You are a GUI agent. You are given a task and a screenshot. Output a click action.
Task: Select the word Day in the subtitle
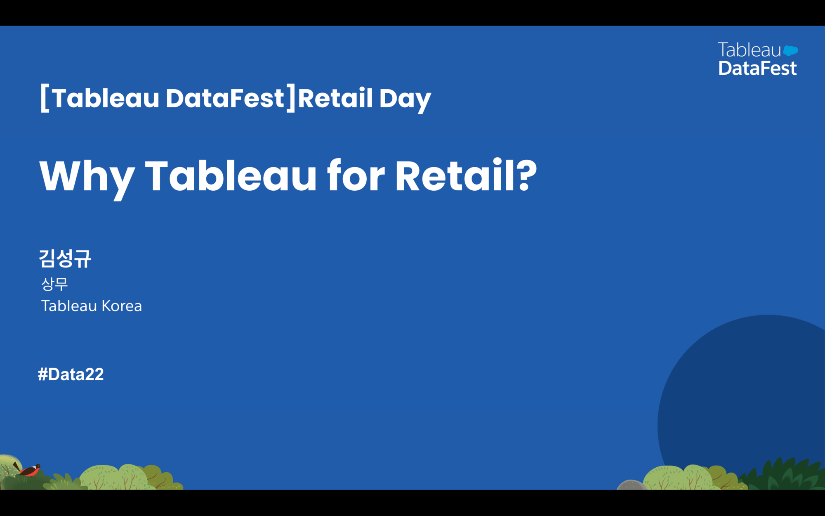point(405,99)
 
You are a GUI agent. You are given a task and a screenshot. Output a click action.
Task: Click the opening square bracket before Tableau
point(45,98)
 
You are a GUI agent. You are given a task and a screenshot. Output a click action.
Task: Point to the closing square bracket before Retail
point(291,98)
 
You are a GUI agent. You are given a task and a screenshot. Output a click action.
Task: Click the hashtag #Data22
point(71,374)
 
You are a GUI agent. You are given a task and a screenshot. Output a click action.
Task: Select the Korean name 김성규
point(65,259)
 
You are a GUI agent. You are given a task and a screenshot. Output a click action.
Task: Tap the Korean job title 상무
point(54,284)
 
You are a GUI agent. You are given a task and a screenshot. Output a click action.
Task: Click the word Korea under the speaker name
point(122,306)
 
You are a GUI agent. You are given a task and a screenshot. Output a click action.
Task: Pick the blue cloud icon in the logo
point(790,51)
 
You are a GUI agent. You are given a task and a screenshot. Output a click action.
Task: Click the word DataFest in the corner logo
point(757,68)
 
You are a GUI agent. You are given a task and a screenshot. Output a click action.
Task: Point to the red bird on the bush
point(29,469)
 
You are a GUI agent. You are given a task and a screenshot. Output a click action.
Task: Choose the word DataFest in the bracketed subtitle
point(225,98)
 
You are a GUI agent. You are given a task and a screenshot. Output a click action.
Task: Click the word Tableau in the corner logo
point(749,50)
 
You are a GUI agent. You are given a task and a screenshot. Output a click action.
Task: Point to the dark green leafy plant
point(784,475)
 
